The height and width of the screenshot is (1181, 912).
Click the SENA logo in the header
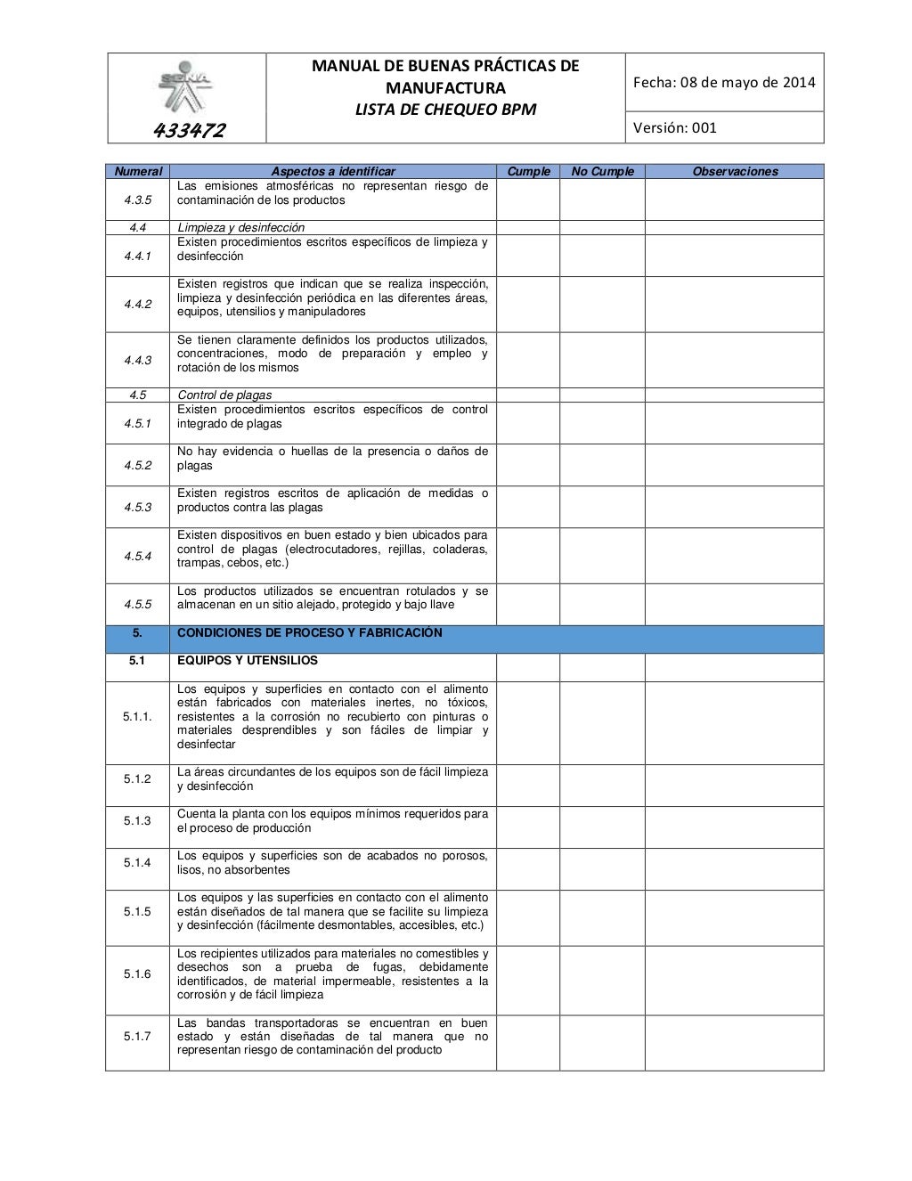coord(186,85)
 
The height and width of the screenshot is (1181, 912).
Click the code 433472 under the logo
coord(190,131)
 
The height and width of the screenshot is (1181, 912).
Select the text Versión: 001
coord(674,127)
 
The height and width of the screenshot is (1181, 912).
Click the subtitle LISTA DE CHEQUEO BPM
coord(444,110)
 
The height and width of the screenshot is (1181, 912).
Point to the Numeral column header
coord(137,171)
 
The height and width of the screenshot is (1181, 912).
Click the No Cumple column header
coord(602,171)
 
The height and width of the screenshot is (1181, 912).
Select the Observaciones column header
coord(735,171)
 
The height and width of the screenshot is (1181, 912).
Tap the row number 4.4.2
coord(137,304)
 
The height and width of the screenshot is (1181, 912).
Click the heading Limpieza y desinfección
coord(240,227)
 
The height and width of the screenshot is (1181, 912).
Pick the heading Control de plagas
coord(224,395)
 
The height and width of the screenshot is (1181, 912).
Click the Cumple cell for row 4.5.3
coord(527,507)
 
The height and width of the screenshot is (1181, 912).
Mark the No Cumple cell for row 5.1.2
coord(602,785)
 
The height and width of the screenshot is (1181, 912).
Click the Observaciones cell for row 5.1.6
coord(735,980)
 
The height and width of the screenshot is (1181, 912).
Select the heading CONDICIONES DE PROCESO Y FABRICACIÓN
coord(309,633)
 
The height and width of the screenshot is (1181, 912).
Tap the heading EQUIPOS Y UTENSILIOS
coord(248,661)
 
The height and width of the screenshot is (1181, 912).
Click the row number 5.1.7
coord(137,1036)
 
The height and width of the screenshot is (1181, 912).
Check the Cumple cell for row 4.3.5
coord(527,200)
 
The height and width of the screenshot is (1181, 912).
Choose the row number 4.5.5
coord(137,604)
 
